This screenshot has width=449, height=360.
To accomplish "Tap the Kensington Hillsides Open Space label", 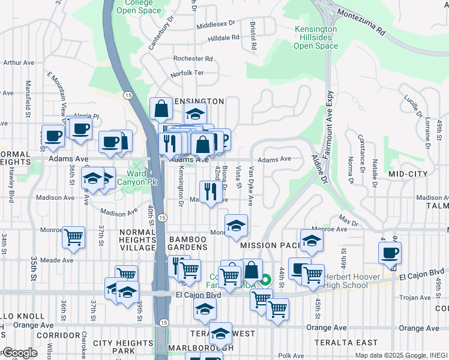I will (316, 37).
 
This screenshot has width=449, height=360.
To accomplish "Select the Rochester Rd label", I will (193, 59).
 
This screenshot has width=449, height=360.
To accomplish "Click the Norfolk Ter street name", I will (187, 73).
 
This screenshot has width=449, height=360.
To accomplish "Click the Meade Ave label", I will (57, 260).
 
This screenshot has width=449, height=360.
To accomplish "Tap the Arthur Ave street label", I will (18, 62).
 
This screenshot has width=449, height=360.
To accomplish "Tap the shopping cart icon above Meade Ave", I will (73, 237).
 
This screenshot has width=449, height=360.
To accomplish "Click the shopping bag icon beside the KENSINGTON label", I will (161, 109).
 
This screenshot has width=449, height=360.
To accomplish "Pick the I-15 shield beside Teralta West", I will (163, 323).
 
